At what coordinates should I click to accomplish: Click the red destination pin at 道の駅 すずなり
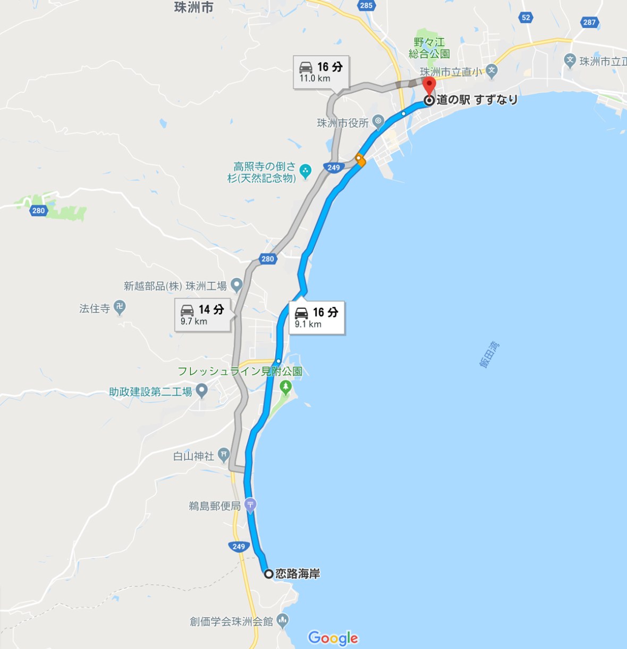coord(429,85)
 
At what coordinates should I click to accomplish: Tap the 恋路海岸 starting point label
coord(298,574)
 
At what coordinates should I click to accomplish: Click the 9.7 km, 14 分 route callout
coord(202,315)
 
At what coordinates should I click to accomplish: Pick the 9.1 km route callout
coord(317,317)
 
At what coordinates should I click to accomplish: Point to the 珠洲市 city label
coord(194,7)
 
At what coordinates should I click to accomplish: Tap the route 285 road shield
coord(366,5)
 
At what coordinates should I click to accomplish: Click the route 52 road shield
coord(526,18)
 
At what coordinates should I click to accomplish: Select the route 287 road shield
coord(589,22)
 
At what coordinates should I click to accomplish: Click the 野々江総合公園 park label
coord(429,48)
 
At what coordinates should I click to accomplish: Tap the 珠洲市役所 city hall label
coord(343,123)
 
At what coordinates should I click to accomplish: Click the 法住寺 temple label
coord(95,308)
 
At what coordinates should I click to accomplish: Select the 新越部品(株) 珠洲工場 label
coord(175,286)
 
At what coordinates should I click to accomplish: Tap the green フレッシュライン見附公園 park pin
coord(286,386)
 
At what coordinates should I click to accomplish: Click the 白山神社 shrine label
coord(194,456)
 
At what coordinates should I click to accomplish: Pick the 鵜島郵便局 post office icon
coord(250,504)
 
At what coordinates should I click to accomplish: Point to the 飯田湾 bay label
coord(489,355)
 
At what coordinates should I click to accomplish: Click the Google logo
coord(333,638)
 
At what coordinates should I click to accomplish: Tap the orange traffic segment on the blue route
coord(361,160)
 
